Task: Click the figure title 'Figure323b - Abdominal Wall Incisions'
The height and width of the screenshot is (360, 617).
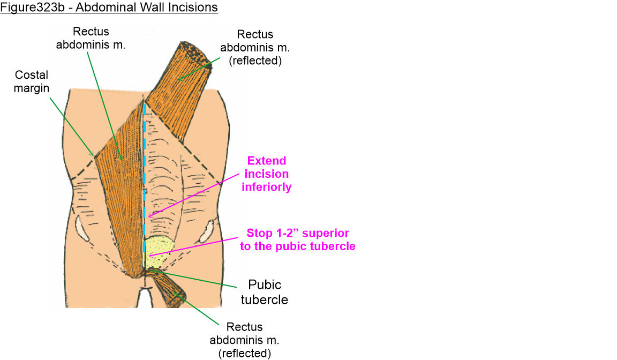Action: (109, 8)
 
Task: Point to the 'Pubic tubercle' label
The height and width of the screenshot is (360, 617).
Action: (264, 291)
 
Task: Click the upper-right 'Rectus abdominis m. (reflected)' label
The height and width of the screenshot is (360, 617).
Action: (255, 47)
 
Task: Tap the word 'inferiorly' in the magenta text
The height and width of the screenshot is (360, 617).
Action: (266, 186)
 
